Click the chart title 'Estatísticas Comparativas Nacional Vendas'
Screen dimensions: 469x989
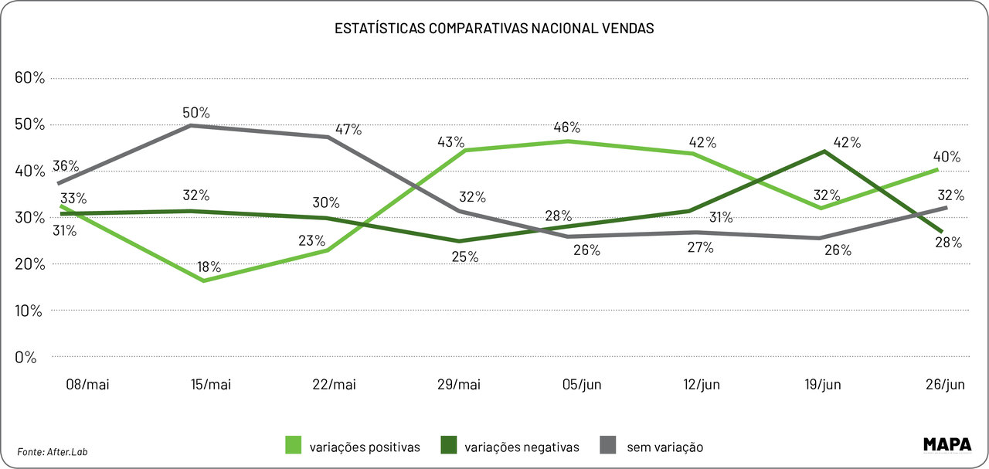coord(494,29)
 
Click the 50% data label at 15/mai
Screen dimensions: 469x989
coord(195,112)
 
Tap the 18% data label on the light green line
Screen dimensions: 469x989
coord(209,267)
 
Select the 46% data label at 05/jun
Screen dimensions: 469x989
coord(567,127)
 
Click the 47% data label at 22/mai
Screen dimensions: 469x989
coord(348,130)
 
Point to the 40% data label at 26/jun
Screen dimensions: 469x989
coord(947,157)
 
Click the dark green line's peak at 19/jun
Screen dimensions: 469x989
coord(825,151)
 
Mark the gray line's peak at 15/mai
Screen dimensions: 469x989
coord(192,125)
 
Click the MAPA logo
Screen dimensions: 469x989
coord(947,444)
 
